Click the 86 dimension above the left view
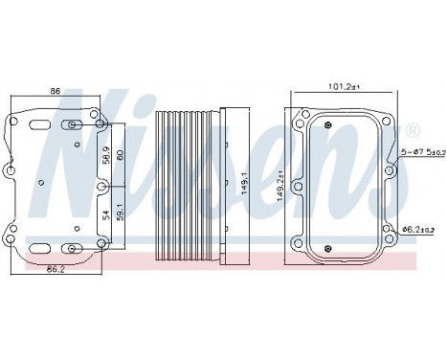click(55, 91)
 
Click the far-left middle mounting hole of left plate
click(10, 172)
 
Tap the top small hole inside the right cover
click(346, 125)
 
